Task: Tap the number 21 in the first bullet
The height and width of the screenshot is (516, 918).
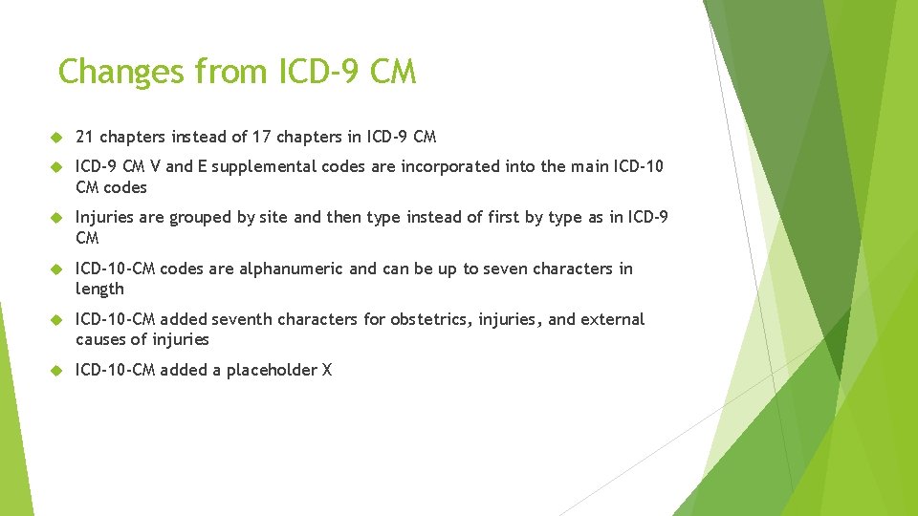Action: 84,137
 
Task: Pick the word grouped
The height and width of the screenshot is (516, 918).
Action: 200,218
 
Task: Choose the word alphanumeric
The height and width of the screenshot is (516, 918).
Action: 291,269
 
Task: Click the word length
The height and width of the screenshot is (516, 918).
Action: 99,289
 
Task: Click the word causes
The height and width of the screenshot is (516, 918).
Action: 101,339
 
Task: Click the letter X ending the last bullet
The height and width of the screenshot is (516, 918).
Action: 326,370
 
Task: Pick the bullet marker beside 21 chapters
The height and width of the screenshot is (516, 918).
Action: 55,138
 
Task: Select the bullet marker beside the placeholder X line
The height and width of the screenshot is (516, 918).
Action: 55,371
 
